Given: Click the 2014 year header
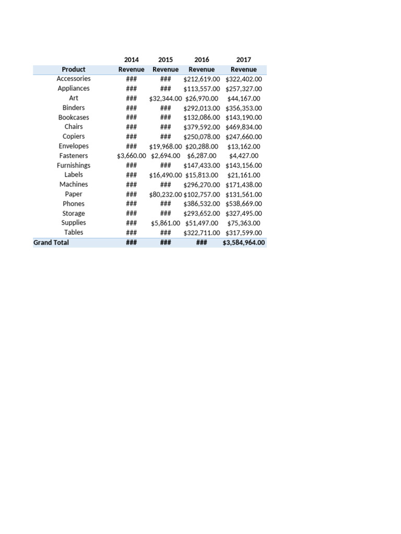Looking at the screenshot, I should pos(132,60).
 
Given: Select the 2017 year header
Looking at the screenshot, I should pos(244,60).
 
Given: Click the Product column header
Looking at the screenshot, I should pos(74,69).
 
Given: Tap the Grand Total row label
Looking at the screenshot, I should pos(51,242).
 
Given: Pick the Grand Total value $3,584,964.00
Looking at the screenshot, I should pos(244,242).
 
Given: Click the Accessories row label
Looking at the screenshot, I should pos(74,79).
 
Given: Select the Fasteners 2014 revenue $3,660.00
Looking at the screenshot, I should pos(132,156).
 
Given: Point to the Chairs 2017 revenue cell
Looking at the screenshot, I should pos(244,127).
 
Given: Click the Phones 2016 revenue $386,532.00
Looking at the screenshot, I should pos(202,204).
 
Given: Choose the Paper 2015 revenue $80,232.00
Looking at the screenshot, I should pos(166,195).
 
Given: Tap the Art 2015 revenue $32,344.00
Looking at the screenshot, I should pos(166,99).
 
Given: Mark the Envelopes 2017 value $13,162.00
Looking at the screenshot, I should pos(244,147).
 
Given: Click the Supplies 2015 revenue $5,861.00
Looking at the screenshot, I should pos(166,223).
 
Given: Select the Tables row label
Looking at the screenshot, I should pos(74,233).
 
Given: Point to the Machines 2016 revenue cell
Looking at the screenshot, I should pos(202,185).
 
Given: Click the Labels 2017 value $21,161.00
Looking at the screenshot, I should pos(244,175).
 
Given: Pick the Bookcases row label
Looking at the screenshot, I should pos(74,117).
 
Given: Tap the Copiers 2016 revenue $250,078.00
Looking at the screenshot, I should pos(202,137).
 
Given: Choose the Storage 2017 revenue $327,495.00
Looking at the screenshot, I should pos(244,214).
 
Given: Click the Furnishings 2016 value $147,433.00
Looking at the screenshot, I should pos(202,166).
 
